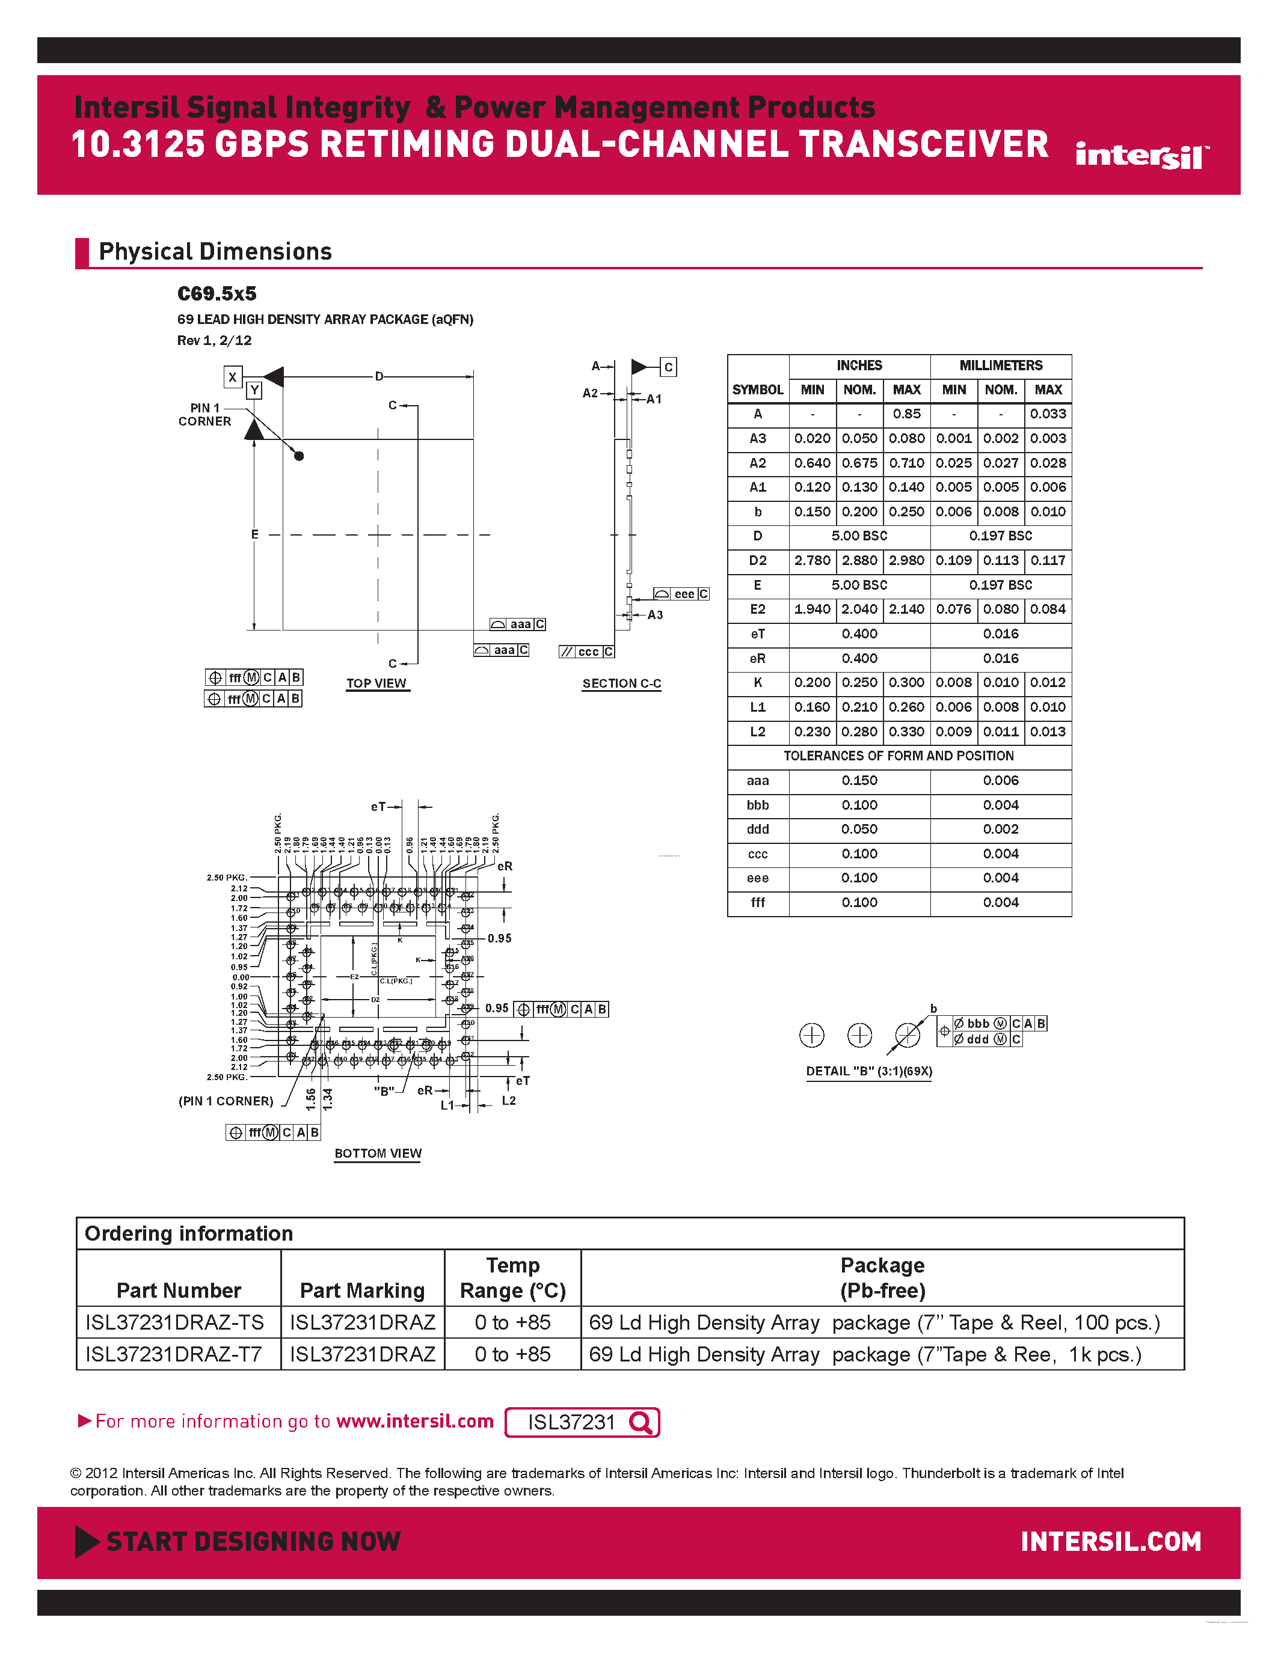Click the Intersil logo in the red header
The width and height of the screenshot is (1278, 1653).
coord(1141,156)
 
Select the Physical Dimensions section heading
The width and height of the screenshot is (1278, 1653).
coord(215,251)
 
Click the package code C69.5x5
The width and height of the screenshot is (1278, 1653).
coord(217,294)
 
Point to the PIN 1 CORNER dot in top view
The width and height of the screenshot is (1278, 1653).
coord(299,456)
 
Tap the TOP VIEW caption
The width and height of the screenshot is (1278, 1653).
coord(376,683)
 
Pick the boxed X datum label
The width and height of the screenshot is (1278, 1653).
coord(232,377)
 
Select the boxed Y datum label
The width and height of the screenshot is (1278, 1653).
coord(254,391)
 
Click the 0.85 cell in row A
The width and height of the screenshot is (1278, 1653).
coord(906,414)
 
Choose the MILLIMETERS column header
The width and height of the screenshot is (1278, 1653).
coord(1000,365)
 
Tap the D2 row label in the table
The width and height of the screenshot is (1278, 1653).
coord(757,561)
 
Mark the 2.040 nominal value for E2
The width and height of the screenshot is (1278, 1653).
coord(859,610)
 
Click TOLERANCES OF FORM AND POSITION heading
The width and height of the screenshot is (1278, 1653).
coord(898,756)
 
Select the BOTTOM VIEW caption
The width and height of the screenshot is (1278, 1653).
coord(378,1153)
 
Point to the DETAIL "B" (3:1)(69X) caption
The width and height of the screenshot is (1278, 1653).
coord(868,1071)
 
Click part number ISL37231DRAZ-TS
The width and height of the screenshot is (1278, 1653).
coord(175,1322)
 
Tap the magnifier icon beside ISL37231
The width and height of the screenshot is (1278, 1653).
coord(641,1423)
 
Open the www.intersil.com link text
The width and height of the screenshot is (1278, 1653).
coord(414,1422)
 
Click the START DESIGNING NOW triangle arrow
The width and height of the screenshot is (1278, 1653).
coord(87,1542)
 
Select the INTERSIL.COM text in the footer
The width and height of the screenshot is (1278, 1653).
coord(1110,1542)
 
